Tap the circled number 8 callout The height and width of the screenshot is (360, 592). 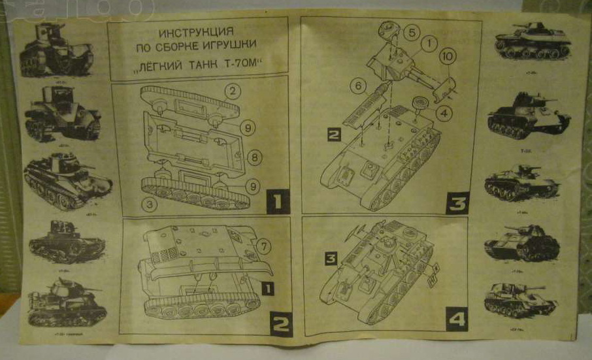pos(255,157)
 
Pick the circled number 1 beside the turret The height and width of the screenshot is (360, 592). pos(429,44)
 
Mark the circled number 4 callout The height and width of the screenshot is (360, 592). pos(443,112)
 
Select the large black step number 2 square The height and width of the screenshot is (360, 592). pos(281,321)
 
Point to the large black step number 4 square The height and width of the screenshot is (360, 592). pos(457,319)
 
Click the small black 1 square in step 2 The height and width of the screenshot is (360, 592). pos(267,287)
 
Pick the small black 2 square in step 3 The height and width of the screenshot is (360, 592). pos(335,136)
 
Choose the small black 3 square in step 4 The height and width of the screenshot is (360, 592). pos(331,259)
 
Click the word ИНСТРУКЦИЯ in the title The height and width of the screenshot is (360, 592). pos(197,33)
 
